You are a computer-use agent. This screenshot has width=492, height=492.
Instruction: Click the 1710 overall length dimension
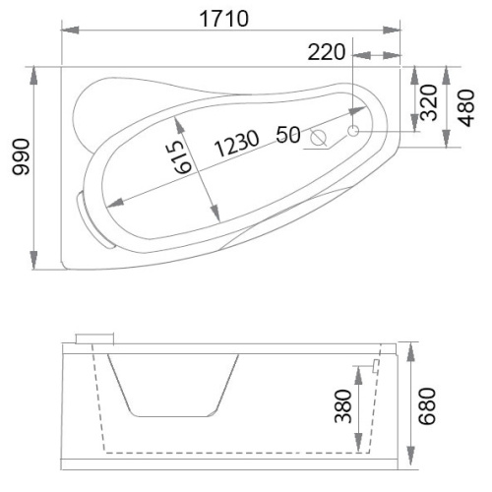click(x=224, y=19)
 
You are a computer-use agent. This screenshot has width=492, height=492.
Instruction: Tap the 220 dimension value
click(x=327, y=52)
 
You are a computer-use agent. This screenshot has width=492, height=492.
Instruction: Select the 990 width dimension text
click(x=21, y=156)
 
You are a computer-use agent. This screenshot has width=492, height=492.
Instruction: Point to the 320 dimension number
click(x=429, y=102)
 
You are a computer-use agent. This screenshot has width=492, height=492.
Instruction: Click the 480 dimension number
click(x=466, y=108)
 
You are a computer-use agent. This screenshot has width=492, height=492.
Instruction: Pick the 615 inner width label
click(x=183, y=157)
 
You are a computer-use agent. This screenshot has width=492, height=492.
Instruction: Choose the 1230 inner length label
click(x=237, y=143)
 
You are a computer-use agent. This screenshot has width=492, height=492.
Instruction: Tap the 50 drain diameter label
click(x=288, y=135)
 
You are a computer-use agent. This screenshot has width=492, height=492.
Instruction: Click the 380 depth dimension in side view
click(x=343, y=405)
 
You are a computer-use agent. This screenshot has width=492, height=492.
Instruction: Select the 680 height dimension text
click(x=427, y=406)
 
